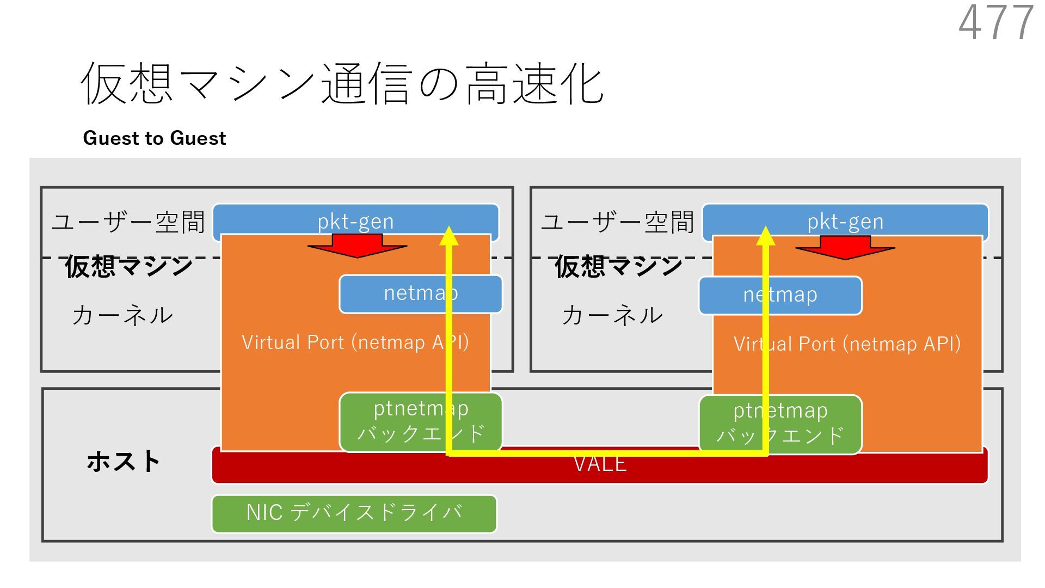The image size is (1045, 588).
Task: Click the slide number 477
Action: pos(995,23)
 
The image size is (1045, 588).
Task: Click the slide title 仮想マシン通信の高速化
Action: pos(342,83)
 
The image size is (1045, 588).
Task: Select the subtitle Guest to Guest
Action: pos(154,138)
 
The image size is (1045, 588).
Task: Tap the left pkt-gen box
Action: pos(355,221)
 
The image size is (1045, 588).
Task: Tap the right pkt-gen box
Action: pos(845,221)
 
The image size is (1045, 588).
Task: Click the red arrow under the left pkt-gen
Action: pos(357,246)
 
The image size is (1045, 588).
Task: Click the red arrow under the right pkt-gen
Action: pos(845,248)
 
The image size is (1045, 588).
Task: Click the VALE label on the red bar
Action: pos(600,464)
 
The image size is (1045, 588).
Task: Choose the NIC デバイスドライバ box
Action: pos(354,513)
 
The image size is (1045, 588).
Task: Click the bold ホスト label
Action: pos(123,461)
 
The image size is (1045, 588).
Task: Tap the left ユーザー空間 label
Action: pos(128,222)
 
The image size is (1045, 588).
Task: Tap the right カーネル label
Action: pos(612,315)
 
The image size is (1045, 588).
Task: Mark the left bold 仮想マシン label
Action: pos(129,267)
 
